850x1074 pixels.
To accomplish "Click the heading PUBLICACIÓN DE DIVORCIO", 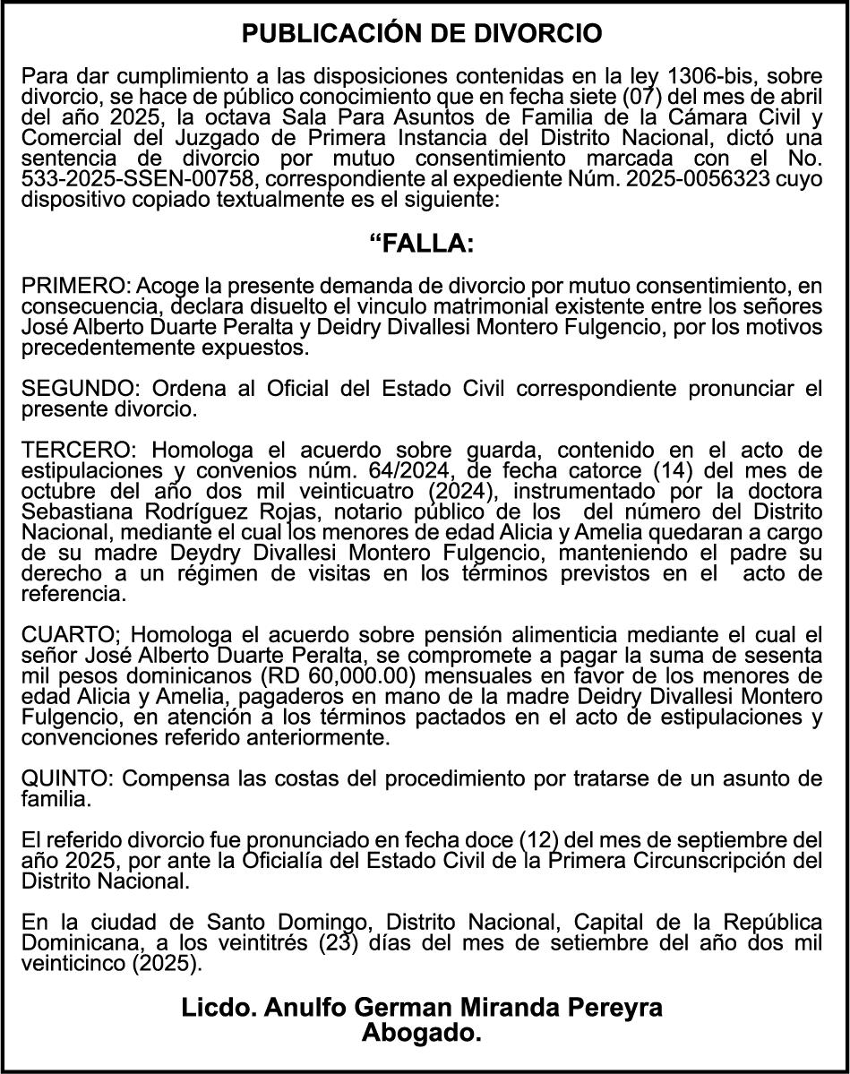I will [x=423, y=34].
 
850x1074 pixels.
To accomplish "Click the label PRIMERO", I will [x=74, y=286].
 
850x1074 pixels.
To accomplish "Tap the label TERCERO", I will [x=77, y=449].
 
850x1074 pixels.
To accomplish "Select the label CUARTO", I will [x=71, y=635].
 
